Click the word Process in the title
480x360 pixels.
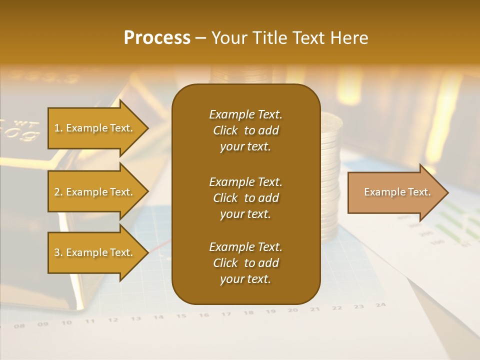click(x=157, y=38)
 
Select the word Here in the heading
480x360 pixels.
click(x=348, y=38)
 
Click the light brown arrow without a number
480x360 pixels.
click(x=397, y=192)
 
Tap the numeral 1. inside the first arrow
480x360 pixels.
click(x=58, y=128)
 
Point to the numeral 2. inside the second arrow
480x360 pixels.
click(x=58, y=192)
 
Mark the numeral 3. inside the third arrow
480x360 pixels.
click(x=58, y=252)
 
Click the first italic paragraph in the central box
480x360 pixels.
click(x=245, y=130)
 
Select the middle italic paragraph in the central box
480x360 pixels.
click(x=245, y=198)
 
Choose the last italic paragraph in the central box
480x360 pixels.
click(x=245, y=263)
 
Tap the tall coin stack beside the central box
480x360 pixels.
click(x=330, y=175)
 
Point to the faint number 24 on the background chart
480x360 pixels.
click(x=380, y=304)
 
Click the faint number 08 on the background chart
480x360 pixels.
click(x=19, y=326)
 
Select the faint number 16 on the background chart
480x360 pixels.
click(x=203, y=315)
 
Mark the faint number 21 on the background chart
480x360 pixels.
click(x=314, y=309)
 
